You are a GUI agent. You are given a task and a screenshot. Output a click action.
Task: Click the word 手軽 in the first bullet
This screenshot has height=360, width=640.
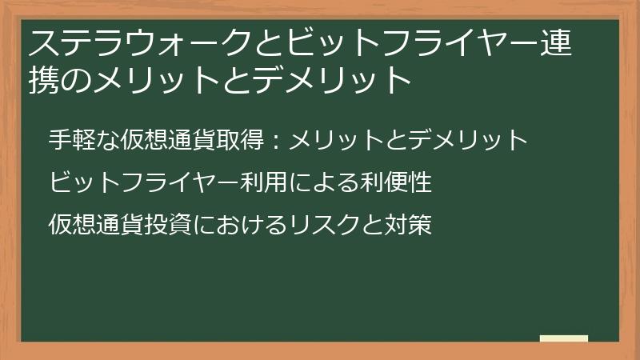73,141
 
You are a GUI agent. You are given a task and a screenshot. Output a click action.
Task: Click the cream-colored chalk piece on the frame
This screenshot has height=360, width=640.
564,338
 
